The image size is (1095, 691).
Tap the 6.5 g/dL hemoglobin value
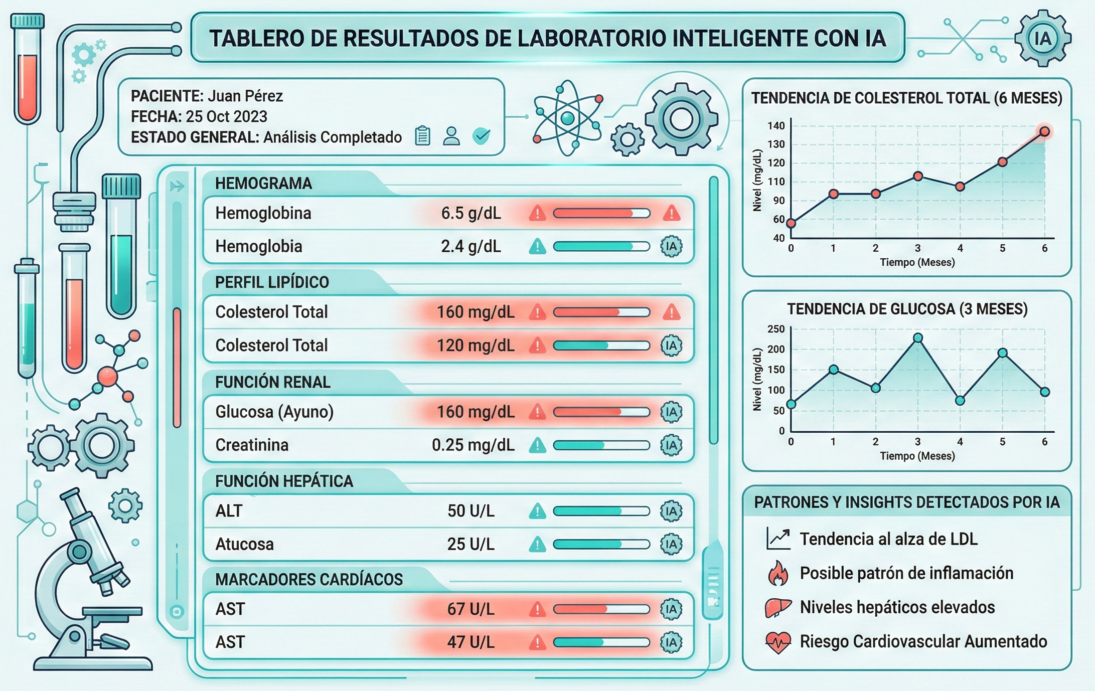point(471,214)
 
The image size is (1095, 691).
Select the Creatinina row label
point(251,445)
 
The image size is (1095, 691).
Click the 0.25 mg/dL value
point(473,445)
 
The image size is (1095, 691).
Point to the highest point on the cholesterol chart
point(1044,132)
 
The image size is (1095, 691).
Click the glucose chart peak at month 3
point(917,338)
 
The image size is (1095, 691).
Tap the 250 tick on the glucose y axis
point(775,329)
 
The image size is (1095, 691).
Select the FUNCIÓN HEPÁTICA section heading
point(284,481)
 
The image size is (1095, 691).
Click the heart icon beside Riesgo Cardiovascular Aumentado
point(778,642)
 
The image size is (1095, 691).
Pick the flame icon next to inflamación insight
point(778,573)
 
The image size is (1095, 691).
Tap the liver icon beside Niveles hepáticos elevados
point(777,608)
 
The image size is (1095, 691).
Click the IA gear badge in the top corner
point(1043,39)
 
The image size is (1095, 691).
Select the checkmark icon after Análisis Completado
point(482,135)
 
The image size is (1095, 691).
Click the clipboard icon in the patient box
point(422,136)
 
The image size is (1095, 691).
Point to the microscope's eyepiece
point(70,495)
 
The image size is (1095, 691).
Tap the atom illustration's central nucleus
point(567,118)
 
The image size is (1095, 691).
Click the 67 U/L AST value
point(471,609)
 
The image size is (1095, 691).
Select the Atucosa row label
point(244,544)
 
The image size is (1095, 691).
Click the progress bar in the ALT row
point(601,511)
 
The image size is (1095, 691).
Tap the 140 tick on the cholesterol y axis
point(775,126)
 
